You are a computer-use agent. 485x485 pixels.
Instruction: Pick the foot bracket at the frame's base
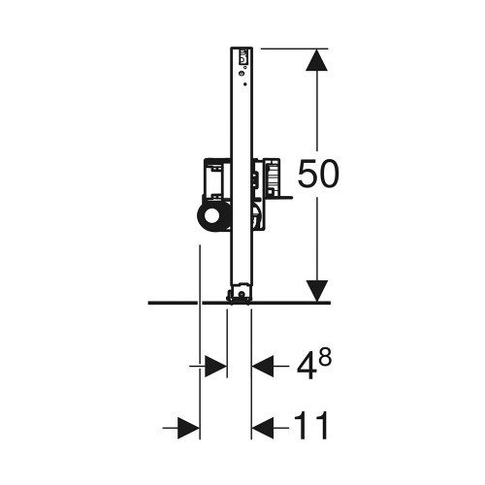point(239,295)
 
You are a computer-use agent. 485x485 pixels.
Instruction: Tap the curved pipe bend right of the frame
point(256,215)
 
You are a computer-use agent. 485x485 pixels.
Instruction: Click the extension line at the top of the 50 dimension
point(291,47)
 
